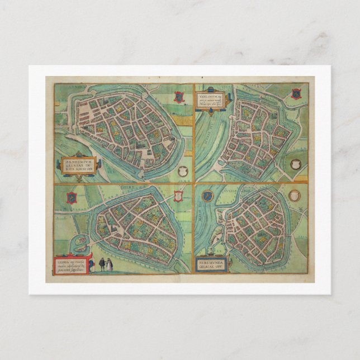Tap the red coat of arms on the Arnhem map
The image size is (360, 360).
coord(178,96)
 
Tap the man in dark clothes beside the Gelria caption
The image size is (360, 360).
coord(102,264)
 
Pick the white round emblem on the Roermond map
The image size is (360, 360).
coord(295,196)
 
